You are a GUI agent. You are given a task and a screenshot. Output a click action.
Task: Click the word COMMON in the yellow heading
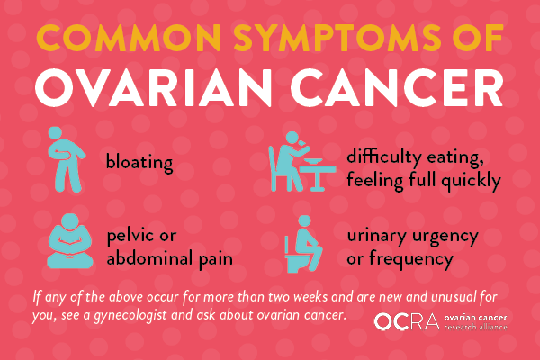(129, 38)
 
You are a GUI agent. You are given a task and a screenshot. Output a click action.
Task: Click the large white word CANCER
(397, 87)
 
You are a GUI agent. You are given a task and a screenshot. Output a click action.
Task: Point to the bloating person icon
(66, 160)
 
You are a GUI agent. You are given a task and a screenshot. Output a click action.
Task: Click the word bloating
(139, 162)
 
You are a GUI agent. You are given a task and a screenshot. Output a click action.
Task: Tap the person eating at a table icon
(301, 162)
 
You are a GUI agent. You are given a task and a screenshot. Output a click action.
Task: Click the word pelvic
(130, 237)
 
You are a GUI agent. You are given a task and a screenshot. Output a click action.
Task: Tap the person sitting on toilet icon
(303, 244)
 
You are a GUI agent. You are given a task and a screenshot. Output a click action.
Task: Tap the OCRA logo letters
(407, 322)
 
